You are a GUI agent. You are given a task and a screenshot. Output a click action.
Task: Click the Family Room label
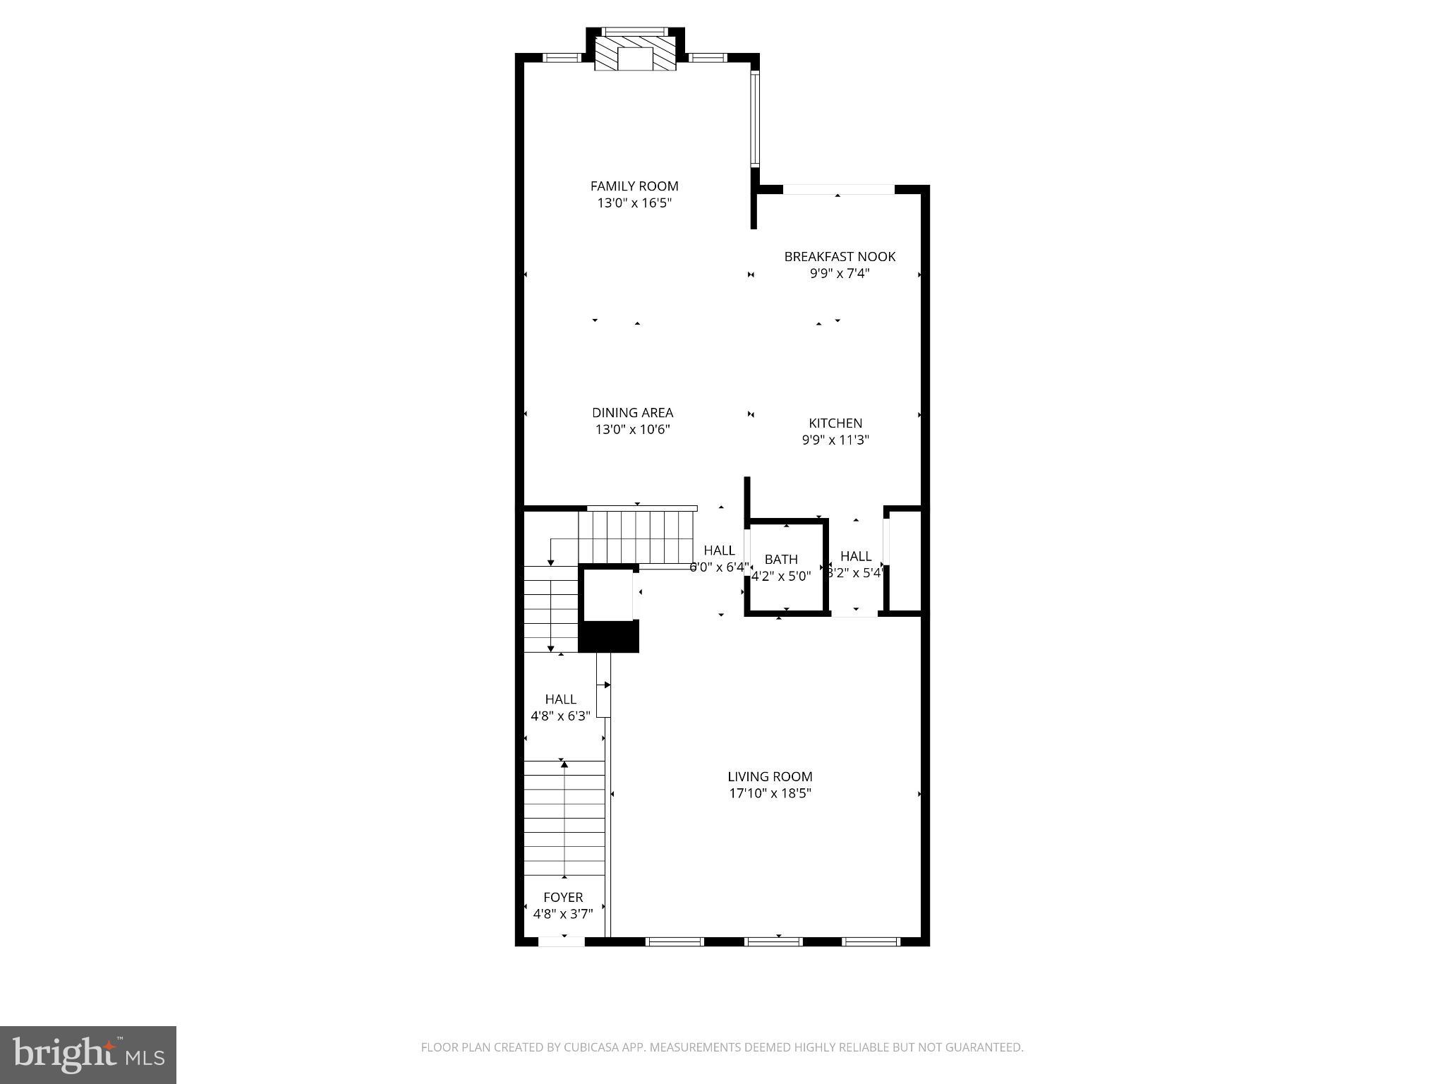634,186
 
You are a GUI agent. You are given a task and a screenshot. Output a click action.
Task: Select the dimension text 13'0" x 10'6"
632,430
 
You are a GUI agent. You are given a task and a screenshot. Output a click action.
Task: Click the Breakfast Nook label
840,257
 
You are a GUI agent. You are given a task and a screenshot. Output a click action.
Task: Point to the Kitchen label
835,423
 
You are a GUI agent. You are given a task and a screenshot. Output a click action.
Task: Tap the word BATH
781,560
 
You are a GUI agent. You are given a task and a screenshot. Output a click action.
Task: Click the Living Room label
770,776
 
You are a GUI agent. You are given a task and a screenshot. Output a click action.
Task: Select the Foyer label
563,897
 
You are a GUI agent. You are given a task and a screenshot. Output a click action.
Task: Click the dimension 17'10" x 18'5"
770,793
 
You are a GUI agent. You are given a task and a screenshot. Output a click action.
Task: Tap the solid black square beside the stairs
608,637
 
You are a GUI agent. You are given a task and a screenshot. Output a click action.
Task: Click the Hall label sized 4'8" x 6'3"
561,699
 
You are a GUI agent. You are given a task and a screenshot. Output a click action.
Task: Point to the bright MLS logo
88,1054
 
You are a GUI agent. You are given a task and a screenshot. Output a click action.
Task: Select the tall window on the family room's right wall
754,118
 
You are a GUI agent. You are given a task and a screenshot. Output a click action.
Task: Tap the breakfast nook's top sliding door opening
838,189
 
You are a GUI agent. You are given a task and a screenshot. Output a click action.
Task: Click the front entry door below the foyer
562,941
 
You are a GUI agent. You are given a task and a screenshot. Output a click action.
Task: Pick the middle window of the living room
774,941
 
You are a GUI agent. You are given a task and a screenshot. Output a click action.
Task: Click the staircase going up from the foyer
564,818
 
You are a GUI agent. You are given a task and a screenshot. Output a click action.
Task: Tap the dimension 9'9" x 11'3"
835,440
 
